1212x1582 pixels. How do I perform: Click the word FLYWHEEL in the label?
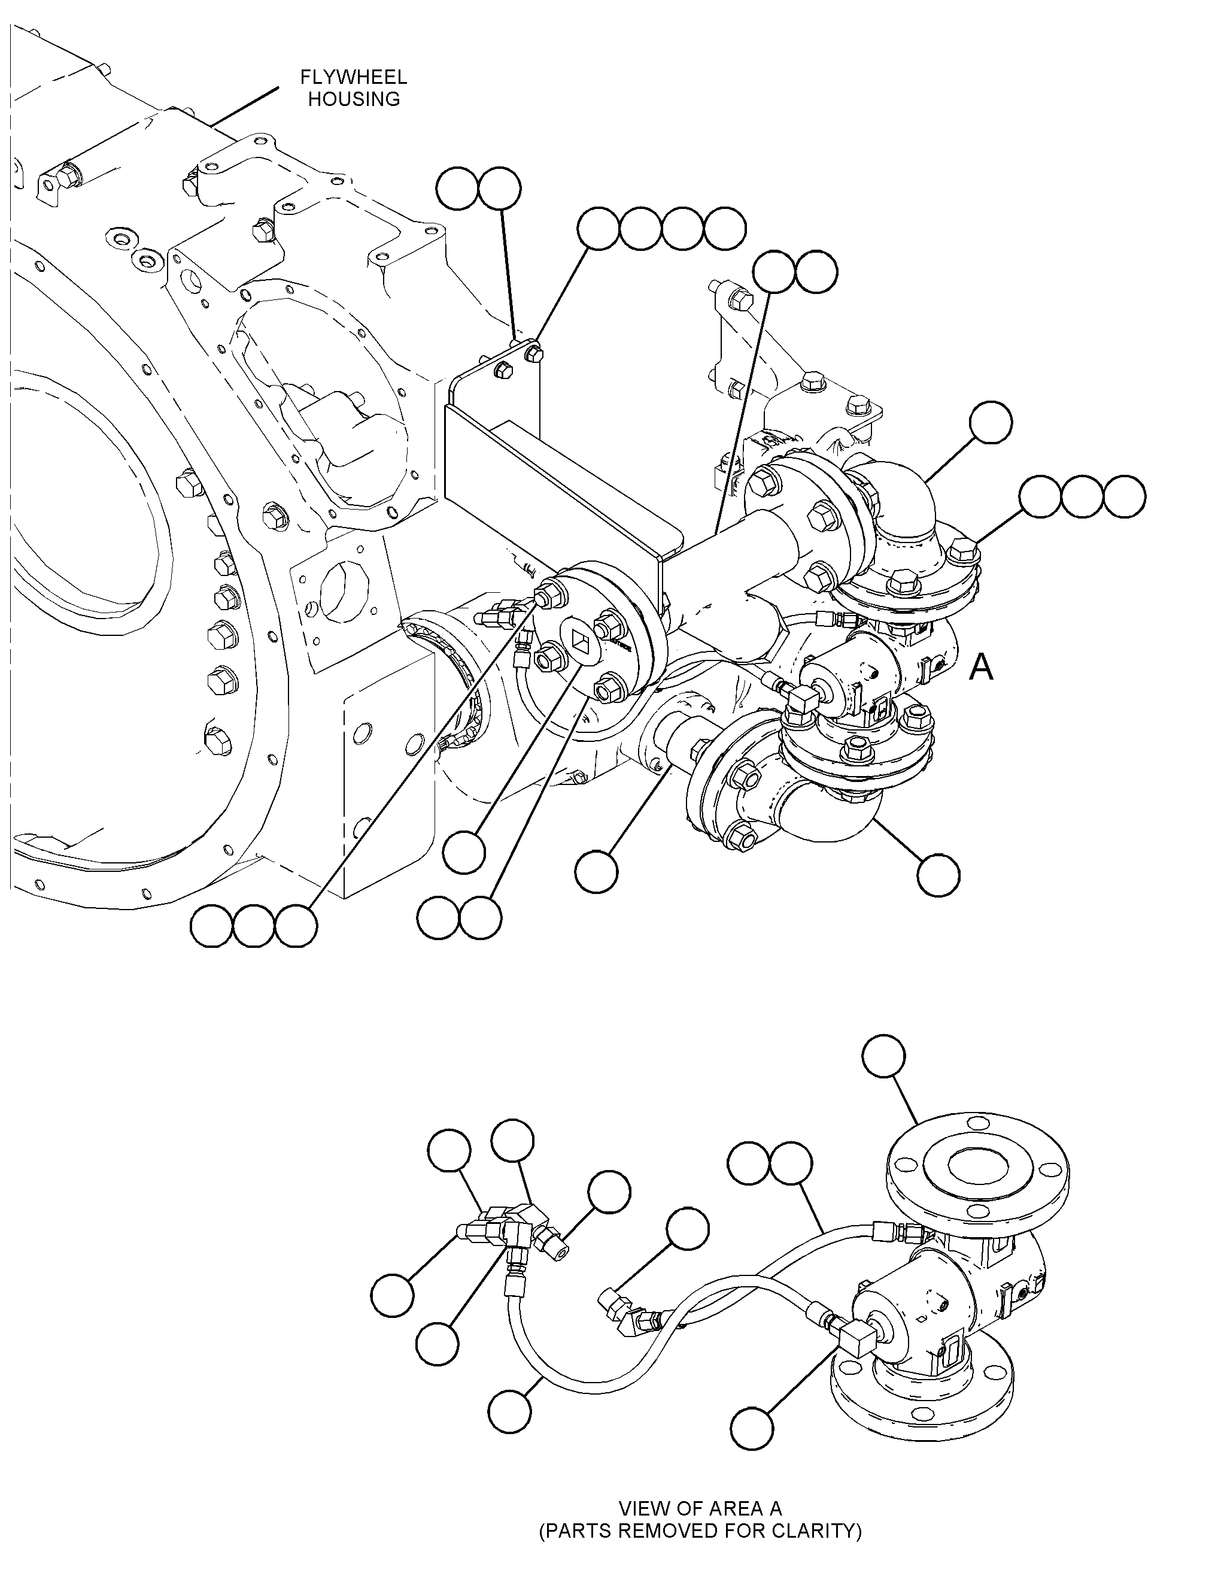(354, 77)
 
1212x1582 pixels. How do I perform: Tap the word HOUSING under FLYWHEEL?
(354, 99)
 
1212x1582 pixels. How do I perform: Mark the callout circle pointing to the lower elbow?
(938, 875)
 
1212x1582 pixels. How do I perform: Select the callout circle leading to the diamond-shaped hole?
(464, 852)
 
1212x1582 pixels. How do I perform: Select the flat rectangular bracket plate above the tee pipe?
(563, 476)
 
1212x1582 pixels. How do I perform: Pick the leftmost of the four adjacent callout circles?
(598, 229)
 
